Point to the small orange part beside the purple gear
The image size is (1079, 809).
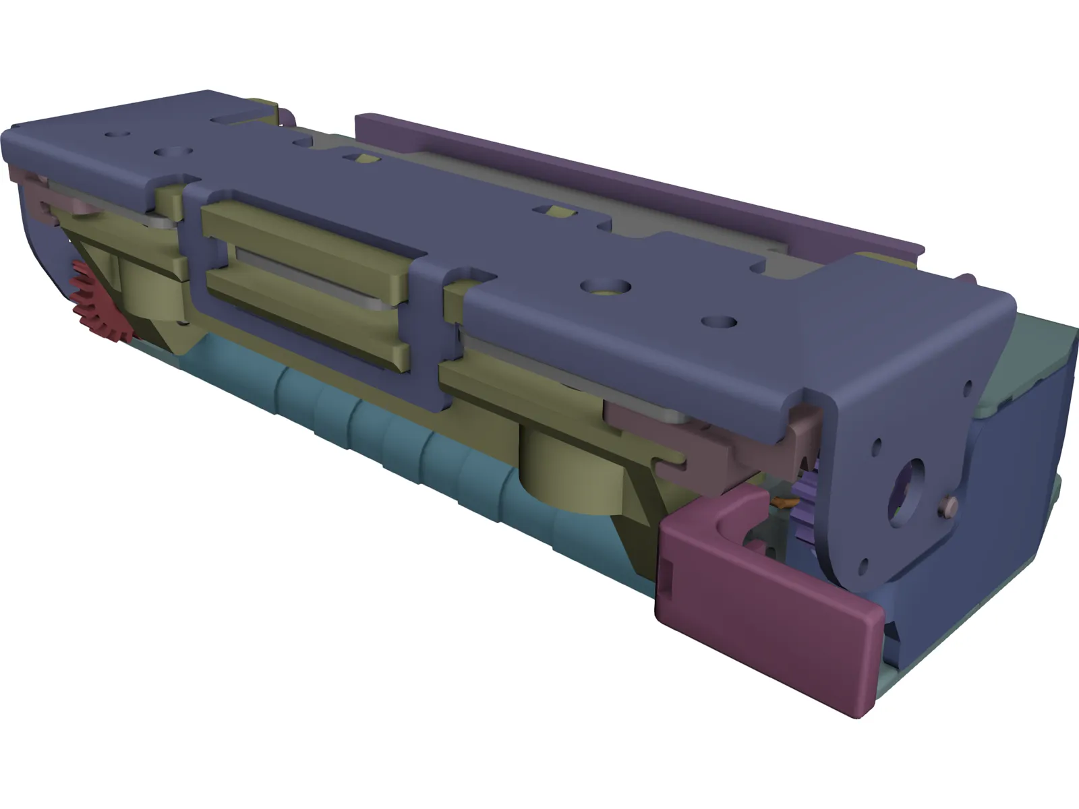pos(784,502)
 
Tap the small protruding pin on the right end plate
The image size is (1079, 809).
pos(952,503)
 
